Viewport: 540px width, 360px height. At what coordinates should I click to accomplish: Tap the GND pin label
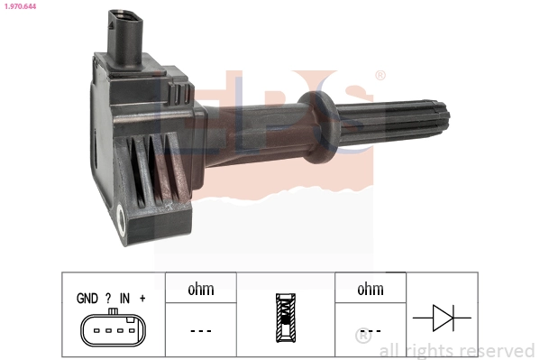coord(87,299)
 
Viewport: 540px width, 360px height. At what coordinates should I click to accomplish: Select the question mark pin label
coord(108,299)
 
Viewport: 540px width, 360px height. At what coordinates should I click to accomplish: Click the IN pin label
coord(124,299)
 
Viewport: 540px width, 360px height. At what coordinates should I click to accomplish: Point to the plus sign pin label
coord(142,299)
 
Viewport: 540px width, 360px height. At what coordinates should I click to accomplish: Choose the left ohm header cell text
coord(200,290)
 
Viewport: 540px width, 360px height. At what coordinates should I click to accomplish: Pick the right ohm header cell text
coord(371,290)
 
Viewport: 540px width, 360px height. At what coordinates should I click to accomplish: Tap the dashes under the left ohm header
coord(200,330)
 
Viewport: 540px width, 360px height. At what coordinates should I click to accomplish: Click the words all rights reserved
coord(457,350)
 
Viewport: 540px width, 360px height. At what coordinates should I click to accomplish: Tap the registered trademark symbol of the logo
coord(380,76)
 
